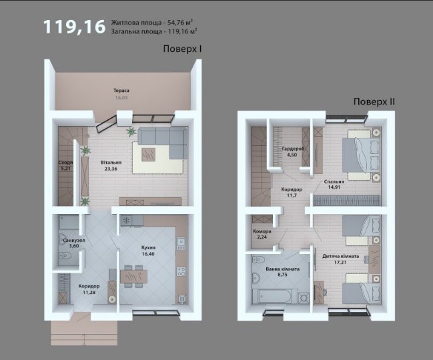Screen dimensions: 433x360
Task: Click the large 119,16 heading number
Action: coord(74,27)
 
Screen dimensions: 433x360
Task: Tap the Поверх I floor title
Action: coord(182,49)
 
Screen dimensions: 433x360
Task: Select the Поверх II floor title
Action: coord(374,102)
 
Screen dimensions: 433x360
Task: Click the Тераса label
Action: coord(121,91)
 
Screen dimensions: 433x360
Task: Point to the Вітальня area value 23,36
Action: coord(111,169)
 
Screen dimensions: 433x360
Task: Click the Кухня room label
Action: coord(148,248)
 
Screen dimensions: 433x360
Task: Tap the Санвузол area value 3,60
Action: coord(74,246)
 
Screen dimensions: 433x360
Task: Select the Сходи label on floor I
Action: coord(65,163)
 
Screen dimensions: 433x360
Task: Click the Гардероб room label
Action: coord(294,149)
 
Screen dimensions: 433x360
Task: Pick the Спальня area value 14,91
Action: coord(334,187)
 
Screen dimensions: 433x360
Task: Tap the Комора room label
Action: coord(262,231)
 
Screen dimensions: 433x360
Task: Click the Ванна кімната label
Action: coord(282,269)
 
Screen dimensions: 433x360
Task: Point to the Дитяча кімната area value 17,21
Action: coord(340,263)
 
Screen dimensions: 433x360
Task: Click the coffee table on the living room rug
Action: coord(148,155)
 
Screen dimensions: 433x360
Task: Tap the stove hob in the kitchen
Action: coord(127,221)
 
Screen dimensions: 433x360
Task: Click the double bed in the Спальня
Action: coord(361,155)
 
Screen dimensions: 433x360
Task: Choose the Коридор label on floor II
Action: coord(292,189)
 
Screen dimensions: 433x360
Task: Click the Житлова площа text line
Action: coord(152,23)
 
